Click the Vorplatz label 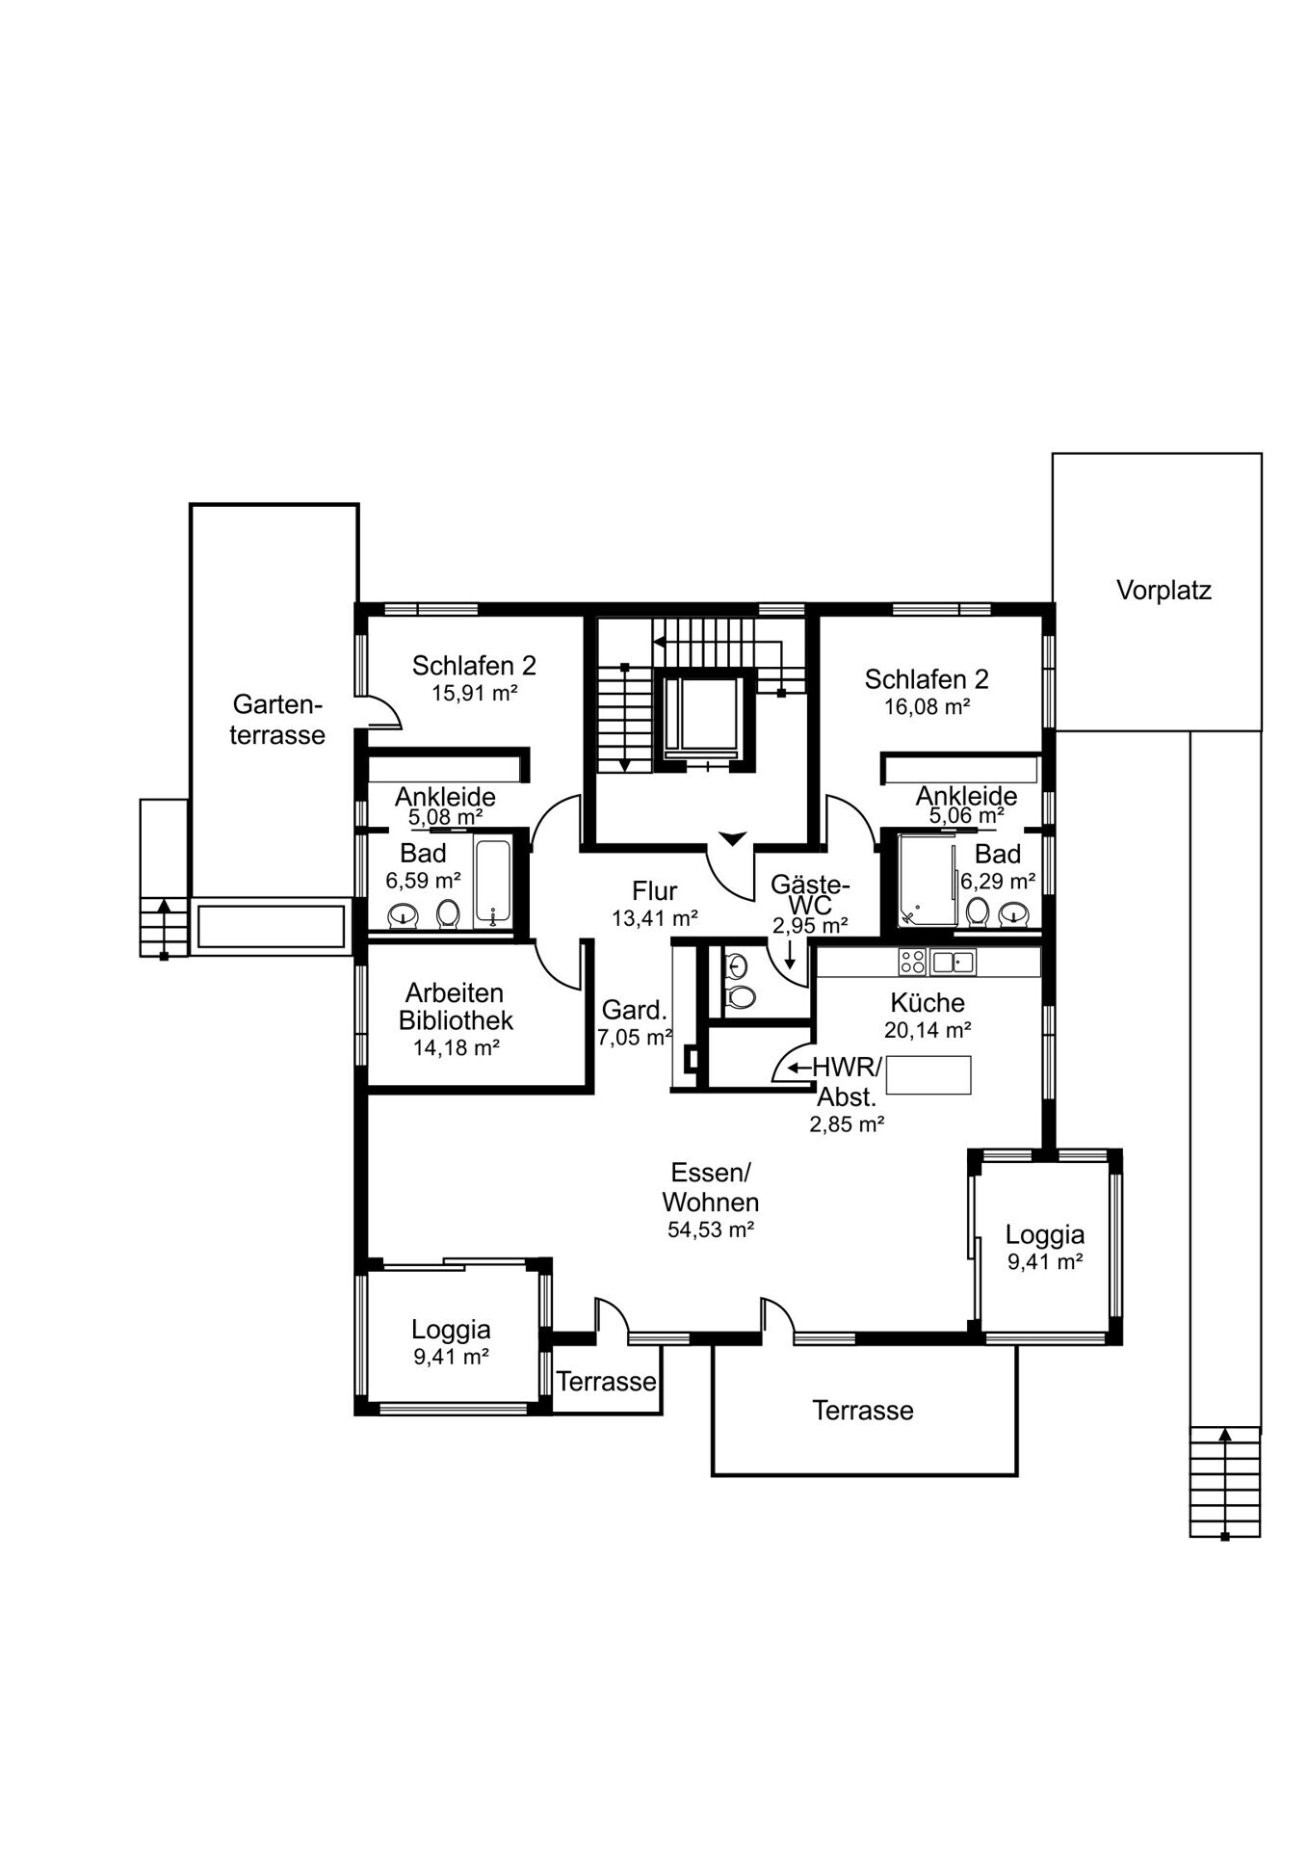pos(1163,591)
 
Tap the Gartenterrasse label pos(277,719)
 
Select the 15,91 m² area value pos(475,693)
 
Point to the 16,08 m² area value pos(927,706)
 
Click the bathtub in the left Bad pos(492,883)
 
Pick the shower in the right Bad pos(927,881)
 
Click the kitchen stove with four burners pos(912,961)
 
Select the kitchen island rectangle pos(928,1074)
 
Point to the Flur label pos(655,891)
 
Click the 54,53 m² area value pos(711,1229)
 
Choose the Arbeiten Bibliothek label pos(456,1007)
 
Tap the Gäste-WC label pos(810,896)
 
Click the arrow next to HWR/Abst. pos(799,1068)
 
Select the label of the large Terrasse pos(863,1411)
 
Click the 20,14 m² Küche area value pos(928,1030)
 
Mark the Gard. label pos(635,1011)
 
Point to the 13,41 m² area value pos(655,919)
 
